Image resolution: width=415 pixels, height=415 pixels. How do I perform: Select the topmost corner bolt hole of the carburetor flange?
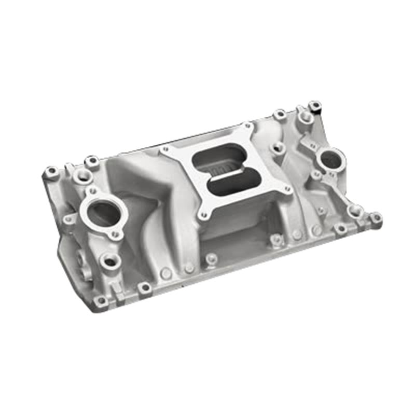point(247,126)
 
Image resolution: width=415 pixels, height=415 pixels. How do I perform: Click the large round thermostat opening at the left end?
point(103,212)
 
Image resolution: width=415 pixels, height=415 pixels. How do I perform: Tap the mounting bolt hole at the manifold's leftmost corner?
point(51,171)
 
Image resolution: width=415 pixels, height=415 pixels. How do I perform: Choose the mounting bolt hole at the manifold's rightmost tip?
point(376,218)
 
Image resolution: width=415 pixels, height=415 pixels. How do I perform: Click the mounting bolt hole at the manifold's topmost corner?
point(314,106)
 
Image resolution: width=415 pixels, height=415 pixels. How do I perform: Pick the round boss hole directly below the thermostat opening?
point(110,261)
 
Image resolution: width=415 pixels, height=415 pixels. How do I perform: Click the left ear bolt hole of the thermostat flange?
point(68,219)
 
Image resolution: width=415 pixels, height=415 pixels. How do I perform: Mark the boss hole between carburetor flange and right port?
point(279,147)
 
